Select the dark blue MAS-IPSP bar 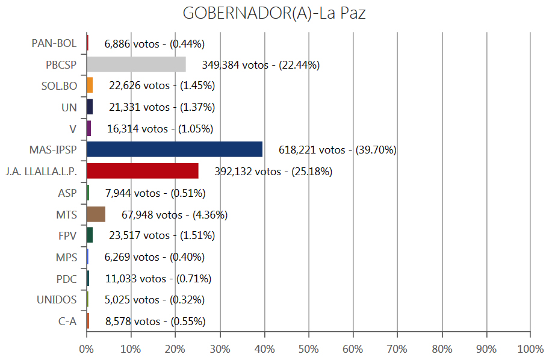[x=175, y=149]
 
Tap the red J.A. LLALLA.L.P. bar [x=142, y=171]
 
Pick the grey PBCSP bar [x=136, y=64]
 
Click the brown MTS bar [x=96, y=214]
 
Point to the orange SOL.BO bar [x=90, y=85]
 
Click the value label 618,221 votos [x=338, y=150]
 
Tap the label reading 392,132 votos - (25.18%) [x=273, y=172]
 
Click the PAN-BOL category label [x=54, y=43]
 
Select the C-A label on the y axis [x=67, y=321]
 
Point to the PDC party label [x=66, y=279]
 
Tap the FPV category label [x=67, y=235]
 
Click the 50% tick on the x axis [x=309, y=349]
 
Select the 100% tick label [x=530, y=349]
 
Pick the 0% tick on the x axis [x=87, y=349]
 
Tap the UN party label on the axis [x=69, y=107]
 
